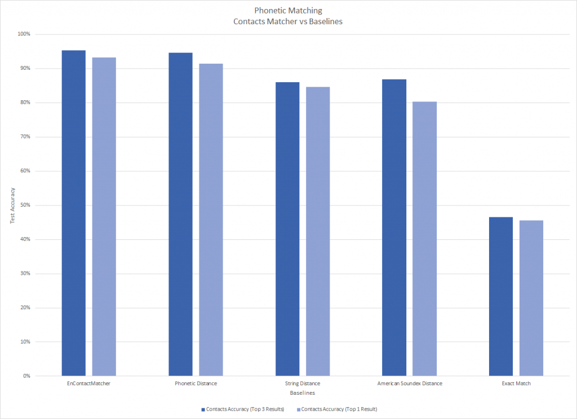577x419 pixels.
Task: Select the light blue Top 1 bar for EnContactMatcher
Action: tap(104, 217)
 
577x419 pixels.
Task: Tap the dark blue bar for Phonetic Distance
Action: tap(180, 214)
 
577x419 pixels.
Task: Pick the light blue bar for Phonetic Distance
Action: tap(211, 220)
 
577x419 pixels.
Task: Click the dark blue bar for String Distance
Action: tap(287, 229)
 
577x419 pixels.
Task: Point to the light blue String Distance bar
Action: tap(318, 231)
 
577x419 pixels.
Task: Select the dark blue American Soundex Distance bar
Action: tap(394, 228)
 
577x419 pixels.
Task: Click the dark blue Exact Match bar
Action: tap(501, 296)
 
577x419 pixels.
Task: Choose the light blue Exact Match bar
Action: tap(531, 298)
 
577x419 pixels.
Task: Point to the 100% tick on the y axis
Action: tap(24, 34)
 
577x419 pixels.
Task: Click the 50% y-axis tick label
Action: tap(25, 205)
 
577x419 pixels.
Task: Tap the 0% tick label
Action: tap(26, 376)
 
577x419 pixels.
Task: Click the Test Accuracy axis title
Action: tap(12, 205)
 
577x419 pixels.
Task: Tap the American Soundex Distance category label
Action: tap(409, 384)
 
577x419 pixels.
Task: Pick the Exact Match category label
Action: tap(516, 384)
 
